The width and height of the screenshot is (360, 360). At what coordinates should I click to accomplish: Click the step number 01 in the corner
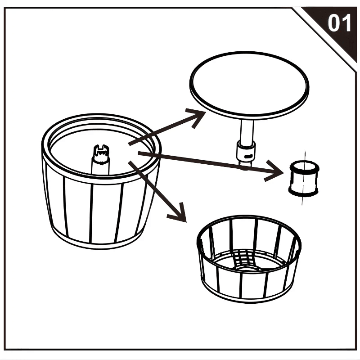pos(339,23)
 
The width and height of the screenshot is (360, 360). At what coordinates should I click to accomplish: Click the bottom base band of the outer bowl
pos(103,241)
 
